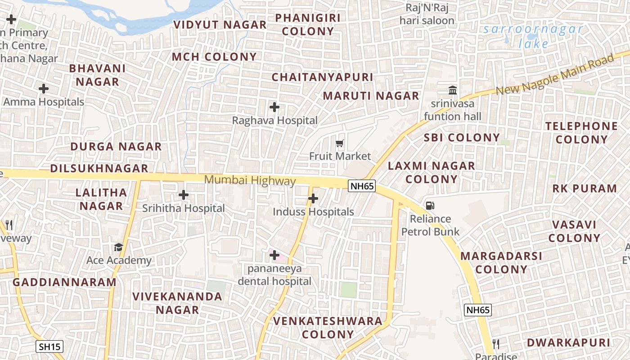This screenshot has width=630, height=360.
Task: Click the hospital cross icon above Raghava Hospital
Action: [x=274, y=107]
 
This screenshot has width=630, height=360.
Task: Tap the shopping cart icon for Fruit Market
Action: [x=340, y=144]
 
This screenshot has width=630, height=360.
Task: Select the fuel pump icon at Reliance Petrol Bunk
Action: [x=430, y=206]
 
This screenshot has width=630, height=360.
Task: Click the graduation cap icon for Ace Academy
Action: [x=118, y=247]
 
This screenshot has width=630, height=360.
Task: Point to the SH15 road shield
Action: [x=49, y=346]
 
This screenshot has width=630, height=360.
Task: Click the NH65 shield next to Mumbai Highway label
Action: [x=362, y=186]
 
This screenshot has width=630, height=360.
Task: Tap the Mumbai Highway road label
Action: [x=250, y=180]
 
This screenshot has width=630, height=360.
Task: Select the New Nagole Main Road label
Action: [x=554, y=75]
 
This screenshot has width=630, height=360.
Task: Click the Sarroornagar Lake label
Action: [x=533, y=36]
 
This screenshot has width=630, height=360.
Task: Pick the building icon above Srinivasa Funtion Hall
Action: [x=453, y=90]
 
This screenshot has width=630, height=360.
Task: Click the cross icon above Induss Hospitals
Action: [x=313, y=198]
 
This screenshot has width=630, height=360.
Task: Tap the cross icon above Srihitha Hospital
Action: [x=184, y=195]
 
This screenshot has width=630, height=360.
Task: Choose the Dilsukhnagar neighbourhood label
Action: [x=99, y=168]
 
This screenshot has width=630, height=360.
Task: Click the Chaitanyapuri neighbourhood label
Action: [x=322, y=77]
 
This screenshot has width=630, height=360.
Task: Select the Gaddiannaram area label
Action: [x=64, y=282]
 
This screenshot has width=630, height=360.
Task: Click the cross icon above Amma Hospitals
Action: [x=44, y=89]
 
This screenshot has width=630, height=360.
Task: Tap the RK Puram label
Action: [x=585, y=188]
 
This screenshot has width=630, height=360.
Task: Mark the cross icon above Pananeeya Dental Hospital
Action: [x=274, y=255]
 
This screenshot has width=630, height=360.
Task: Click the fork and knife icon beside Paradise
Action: [x=496, y=344]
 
